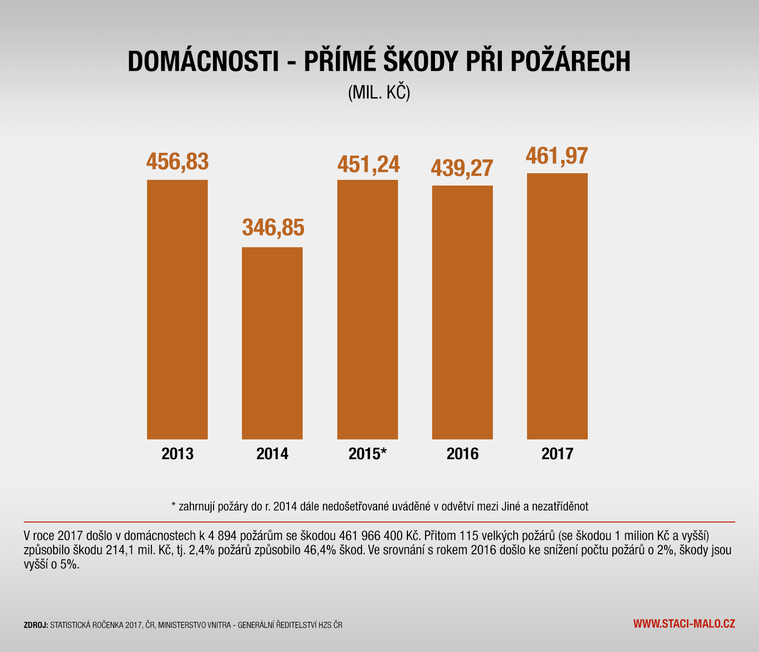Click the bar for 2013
(177, 309)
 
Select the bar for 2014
(272, 343)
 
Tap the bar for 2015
(368, 309)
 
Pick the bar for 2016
(463, 312)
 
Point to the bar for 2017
(557, 306)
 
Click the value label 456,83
(177, 161)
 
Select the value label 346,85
(273, 228)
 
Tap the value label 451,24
(369, 164)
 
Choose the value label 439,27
(462, 168)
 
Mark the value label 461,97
(557, 156)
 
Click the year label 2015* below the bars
(368, 454)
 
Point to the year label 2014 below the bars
(272, 454)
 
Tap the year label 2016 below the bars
(463, 454)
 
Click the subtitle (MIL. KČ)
(379, 93)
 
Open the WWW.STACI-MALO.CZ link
(684, 624)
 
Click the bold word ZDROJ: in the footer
(36, 625)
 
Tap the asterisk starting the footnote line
(174, 505)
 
